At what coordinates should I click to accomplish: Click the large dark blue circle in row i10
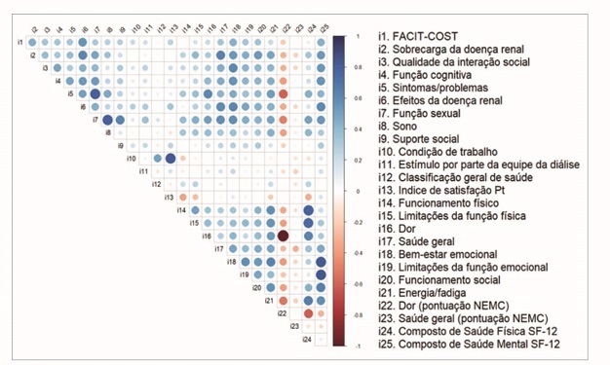pos(171,159)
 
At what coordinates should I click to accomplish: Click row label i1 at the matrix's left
pos(20,44)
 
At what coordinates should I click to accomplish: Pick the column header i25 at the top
pos(323,28)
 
